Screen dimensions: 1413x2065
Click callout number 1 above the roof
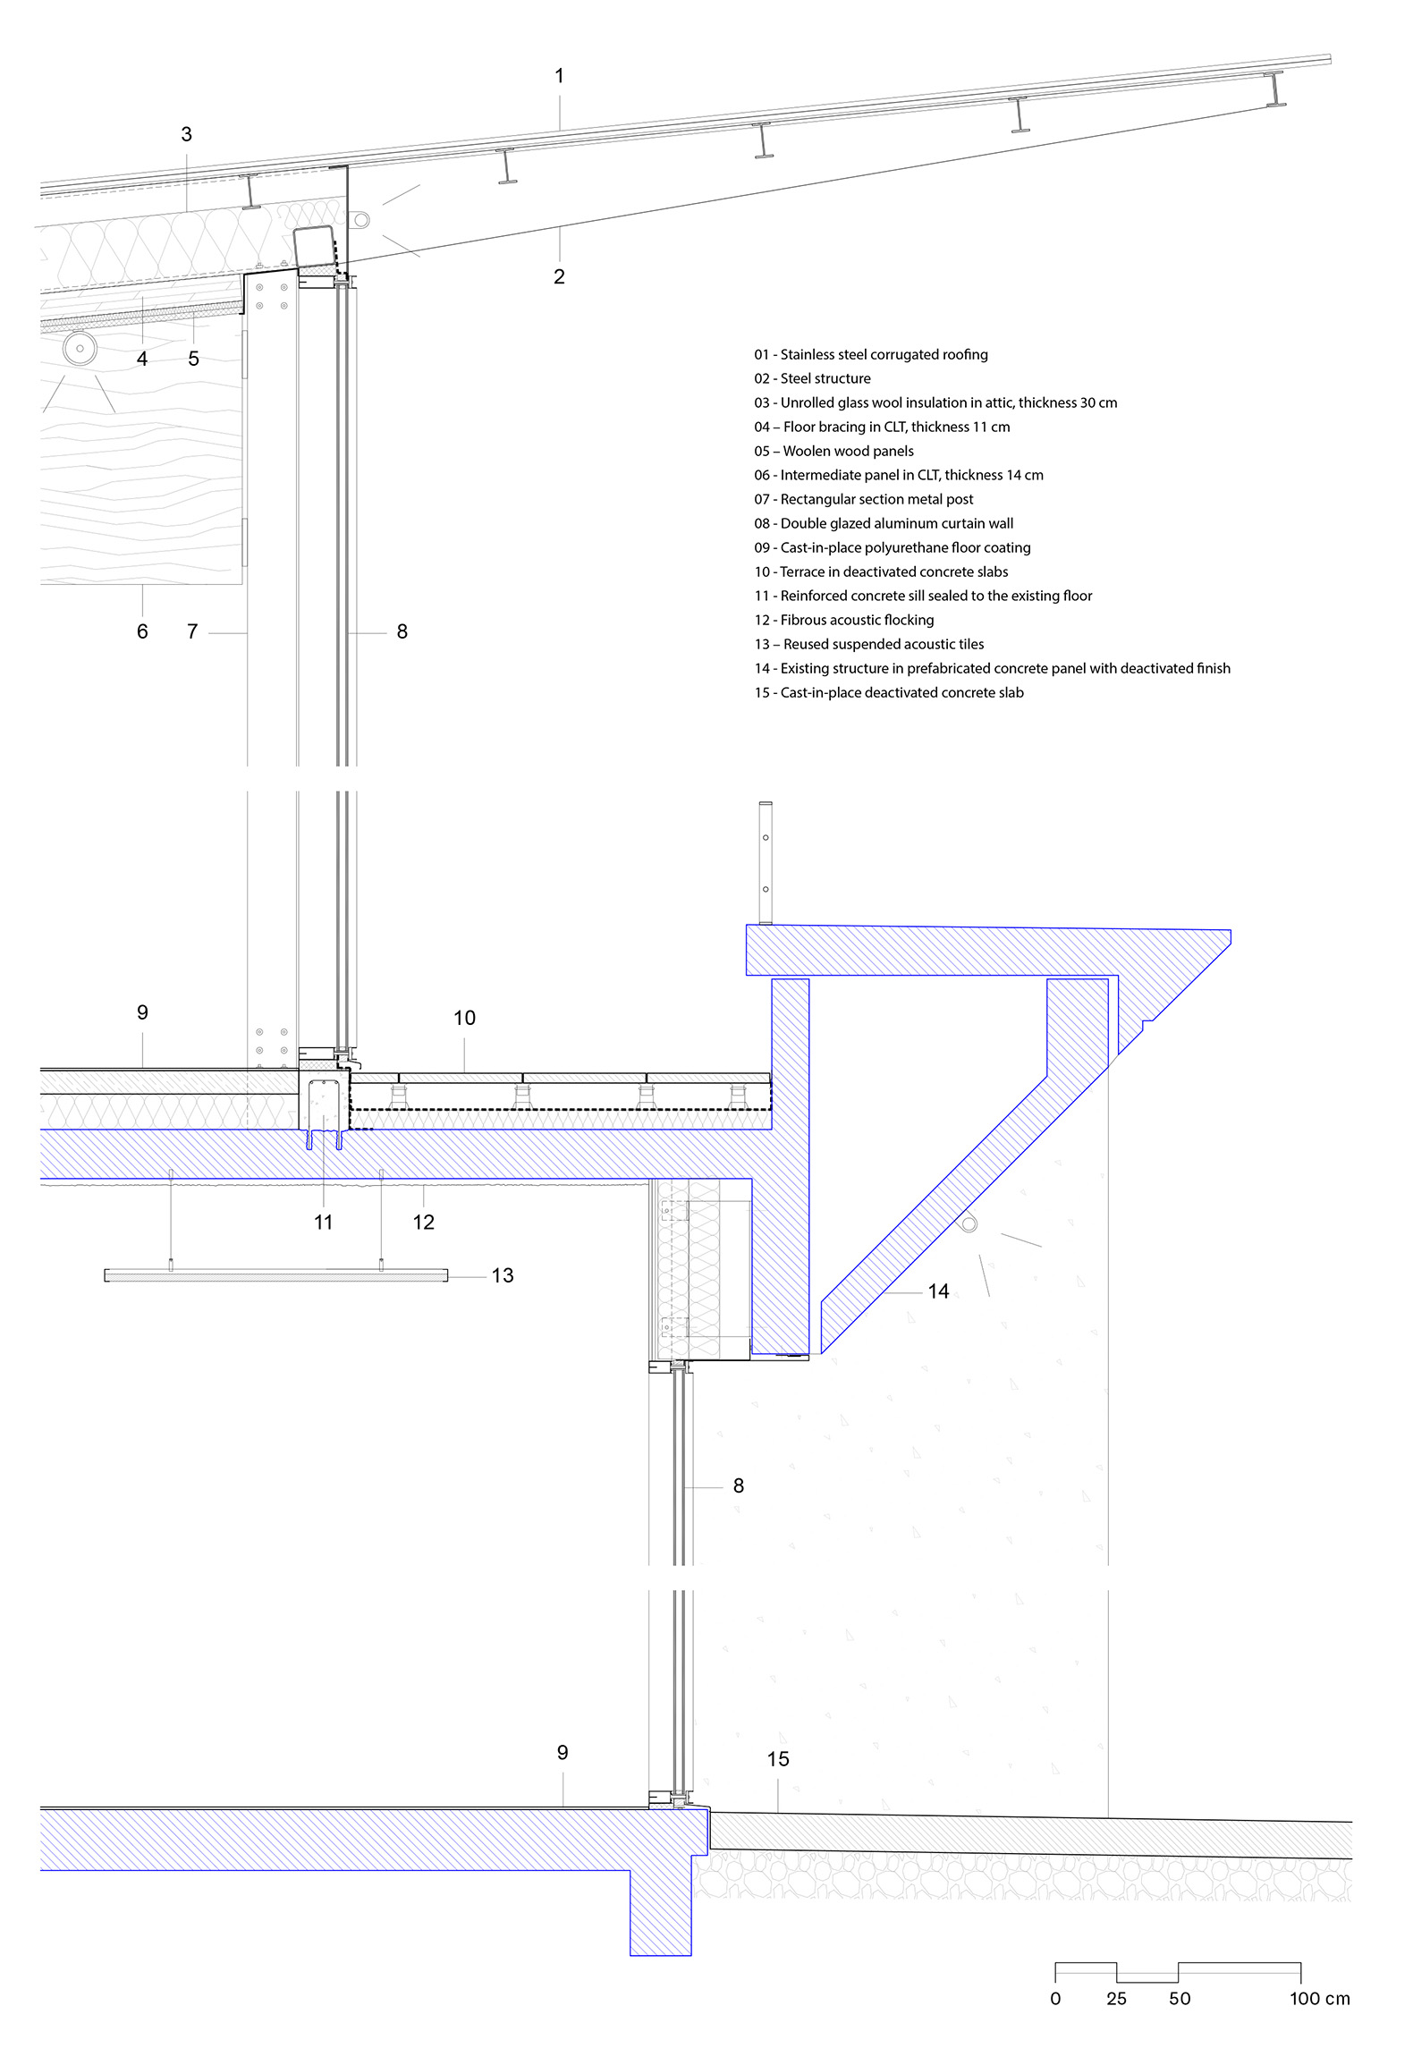[560, 76]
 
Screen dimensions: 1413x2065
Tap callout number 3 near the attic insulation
[186, 134]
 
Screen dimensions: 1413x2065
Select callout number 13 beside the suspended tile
[503, 1275]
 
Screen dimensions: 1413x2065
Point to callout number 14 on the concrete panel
[938, 1291]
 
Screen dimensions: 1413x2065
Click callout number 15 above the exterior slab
[778, 1759]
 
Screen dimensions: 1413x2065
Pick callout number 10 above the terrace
[464, 1018]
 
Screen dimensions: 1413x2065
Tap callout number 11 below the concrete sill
[324, 1222]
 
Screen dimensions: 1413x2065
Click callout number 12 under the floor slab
[423, 1222]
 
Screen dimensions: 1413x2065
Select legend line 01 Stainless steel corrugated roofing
[871, 355]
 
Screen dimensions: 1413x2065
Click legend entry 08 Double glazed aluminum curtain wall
[884, 524]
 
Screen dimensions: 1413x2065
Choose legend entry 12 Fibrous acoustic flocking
[844, 621]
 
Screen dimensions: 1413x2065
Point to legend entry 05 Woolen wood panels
[833, 452]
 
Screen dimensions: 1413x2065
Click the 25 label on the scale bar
[1117, 1998]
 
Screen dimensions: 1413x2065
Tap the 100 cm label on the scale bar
[1320, 1998]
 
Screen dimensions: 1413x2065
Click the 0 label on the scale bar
[1056, 1998]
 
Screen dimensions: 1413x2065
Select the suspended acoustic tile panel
[276, 1275]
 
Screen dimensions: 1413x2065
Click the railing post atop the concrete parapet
[766, 863]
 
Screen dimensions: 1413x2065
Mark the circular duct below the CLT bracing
[80, 348]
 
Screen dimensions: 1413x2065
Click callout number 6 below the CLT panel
[142, 631]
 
